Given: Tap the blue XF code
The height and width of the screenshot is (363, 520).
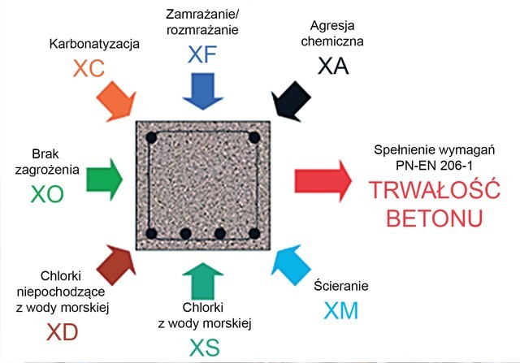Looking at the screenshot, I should tap(204, 55).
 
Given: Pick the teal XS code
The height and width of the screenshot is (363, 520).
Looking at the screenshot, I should tap(205, 347).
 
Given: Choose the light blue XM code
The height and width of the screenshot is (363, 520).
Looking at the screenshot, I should tap(339, 309).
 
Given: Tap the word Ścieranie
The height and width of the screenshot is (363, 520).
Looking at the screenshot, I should tap(341, 286).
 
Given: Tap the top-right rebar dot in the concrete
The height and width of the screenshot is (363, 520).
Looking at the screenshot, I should tap(254, 137).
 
